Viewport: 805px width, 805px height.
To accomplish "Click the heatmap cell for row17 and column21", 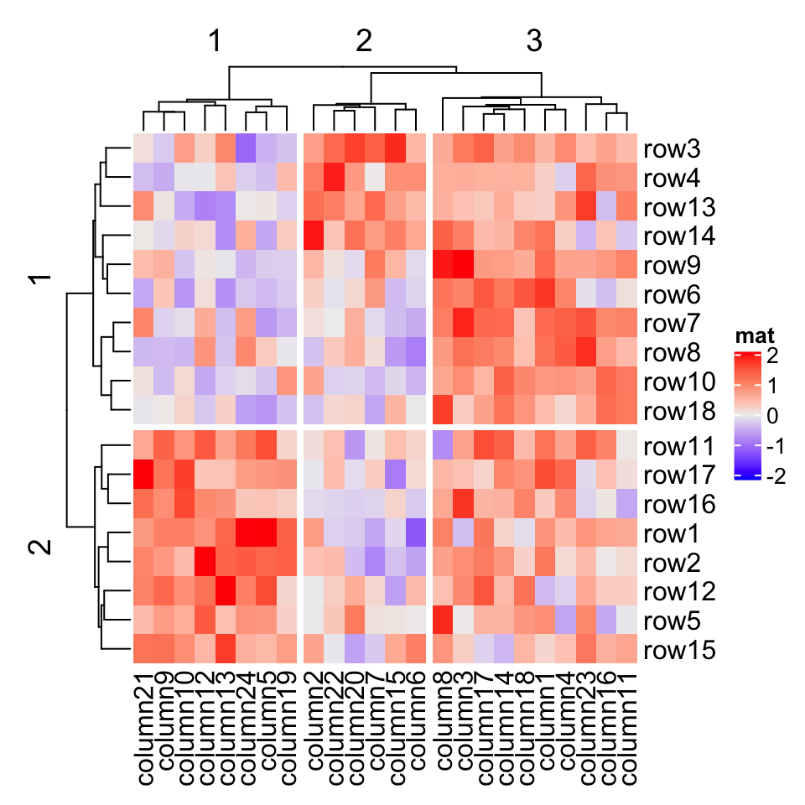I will click(143, 475).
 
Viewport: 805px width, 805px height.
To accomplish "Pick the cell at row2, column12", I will click(205, 563).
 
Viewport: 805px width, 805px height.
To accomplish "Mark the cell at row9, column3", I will click(463, 266).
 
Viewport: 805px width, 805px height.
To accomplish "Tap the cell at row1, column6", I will click(416, 533).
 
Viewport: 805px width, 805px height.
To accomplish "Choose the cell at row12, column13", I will click(226, 592).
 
